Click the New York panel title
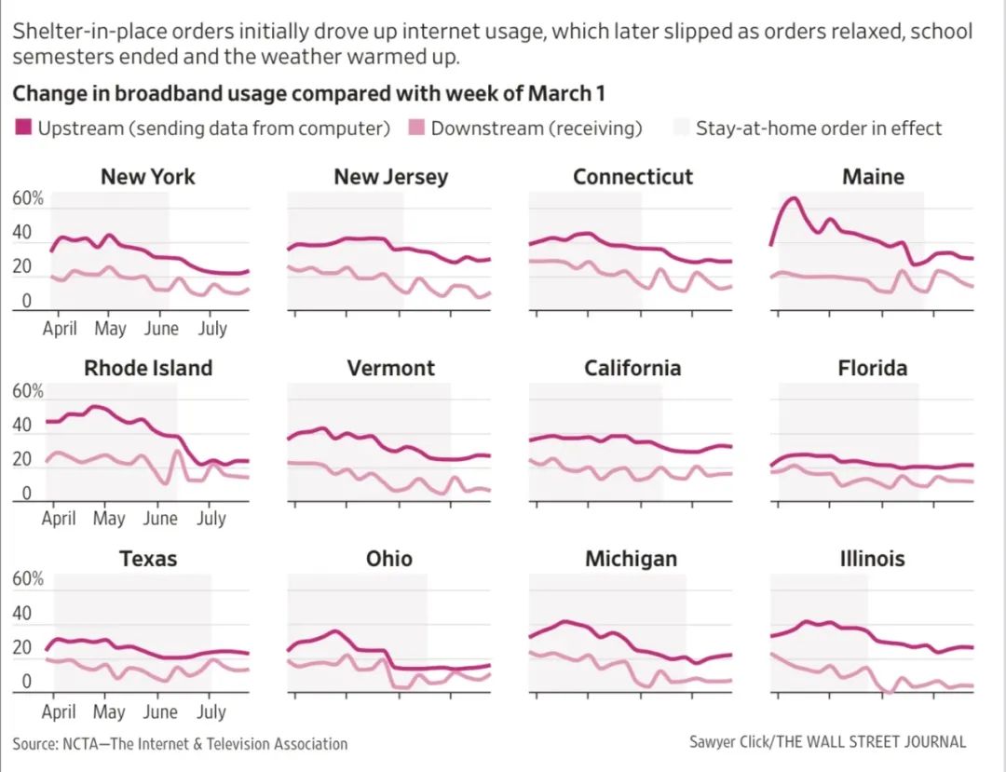click(x=148, y=177)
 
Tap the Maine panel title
click(x=873, y=177)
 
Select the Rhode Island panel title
click(x=148, y=368)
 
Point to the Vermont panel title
click(x=390, y=368)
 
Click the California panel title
click(x=632, y=368)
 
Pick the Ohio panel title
click(x=389, y=559)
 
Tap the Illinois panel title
click(x=872, y=559)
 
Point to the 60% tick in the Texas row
click(x=27, y=578)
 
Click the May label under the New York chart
click(x=110, y=329)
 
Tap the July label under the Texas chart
click(x=211, y=711)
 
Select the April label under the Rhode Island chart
click(x=59, y=518)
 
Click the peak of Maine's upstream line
click(x=793, y=197)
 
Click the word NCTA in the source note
click(x=85, y=744)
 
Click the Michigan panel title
click(x=631, y=559)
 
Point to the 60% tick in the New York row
click(x=27, y=198)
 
